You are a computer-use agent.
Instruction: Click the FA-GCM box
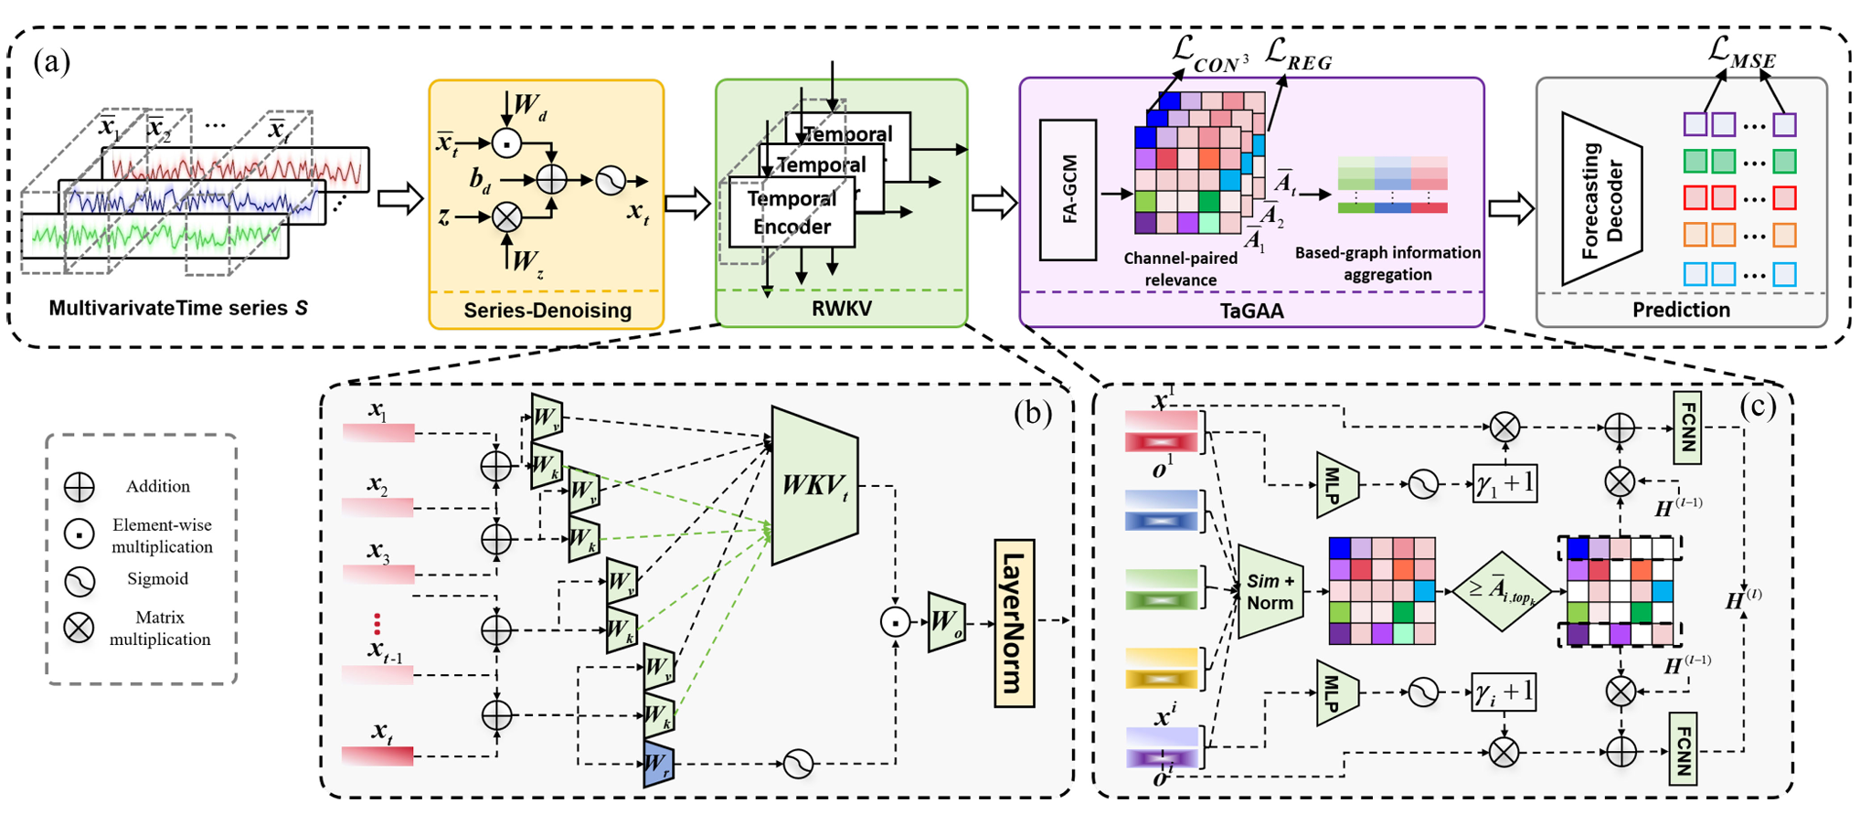pyautogui.click(x=1068, y=190)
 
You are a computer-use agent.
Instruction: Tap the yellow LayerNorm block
pyautogui.click(x=1014, y=624)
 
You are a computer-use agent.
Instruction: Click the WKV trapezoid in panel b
pyautogui.click(x=814, y=486)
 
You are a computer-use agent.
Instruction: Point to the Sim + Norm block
pyautogui.click(x=1270, y=591)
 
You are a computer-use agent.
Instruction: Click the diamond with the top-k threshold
pyautogui.click(x=1502, y=591)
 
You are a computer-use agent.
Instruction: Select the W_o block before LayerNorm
pyautogui.click(x=946, y=622)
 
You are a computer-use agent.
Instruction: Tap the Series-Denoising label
pyautogui.click(x=547, y=311)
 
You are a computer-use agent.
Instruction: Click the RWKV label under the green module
pyautogui.click(x=841, y=309)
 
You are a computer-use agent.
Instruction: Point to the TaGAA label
pyautogui.click(x=1251, y=312)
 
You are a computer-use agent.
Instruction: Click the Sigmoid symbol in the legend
pyautogui.click(x=80, y=580)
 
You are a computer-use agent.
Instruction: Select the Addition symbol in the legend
pyautogui.click(x=80, y=487)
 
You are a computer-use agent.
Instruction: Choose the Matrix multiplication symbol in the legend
pyautogui.click(x=80, y=629)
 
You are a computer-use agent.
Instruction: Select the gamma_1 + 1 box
pyautogui.click(x=1504, y=483)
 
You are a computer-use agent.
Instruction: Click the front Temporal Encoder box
pyautogui.click(x=792, y=214)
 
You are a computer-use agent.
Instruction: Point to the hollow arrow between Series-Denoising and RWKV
pyautogui.click(x=688, y=203)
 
